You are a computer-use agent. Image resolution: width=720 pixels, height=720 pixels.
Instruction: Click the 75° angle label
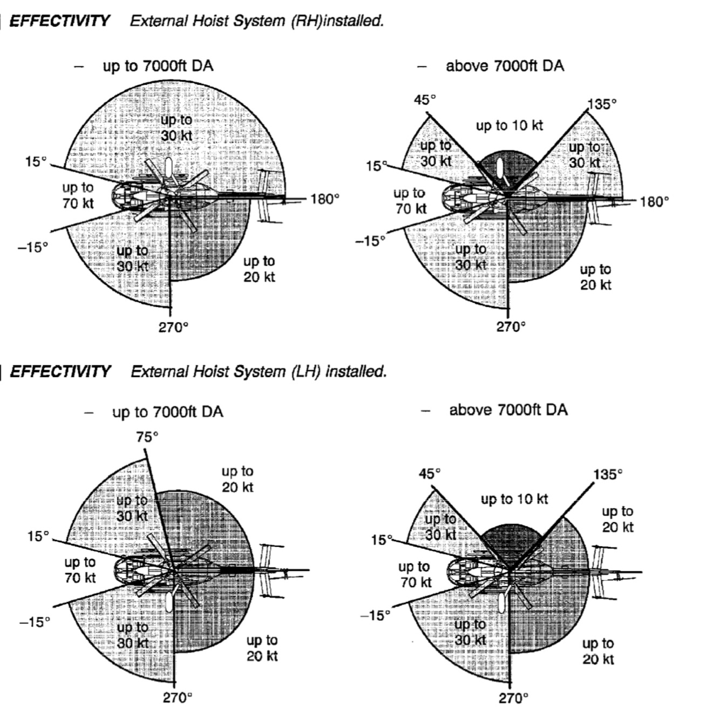pyautogui.click(x=147, y=437)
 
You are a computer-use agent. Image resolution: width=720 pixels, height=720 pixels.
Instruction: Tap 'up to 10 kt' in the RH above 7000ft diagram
pyautogui.click(x=509, y=126)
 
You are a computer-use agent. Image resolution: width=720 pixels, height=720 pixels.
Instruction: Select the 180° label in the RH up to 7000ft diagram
pyautogui.click(x=325, y=199)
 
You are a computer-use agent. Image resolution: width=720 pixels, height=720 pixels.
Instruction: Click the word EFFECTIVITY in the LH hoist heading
pyautogui.click(x=60, y=371)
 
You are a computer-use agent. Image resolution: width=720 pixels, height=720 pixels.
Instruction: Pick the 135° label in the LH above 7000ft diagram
pyautogui.click(x=608, y=474)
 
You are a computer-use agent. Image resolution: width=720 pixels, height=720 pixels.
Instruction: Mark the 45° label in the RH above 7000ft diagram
pyautogui.click(x=425, y=100)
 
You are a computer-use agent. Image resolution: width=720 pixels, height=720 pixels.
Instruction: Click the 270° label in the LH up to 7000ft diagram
pyautogui.click(x=178, y=697)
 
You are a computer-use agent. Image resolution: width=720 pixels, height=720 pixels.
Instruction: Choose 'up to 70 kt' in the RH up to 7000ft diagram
pyautogui.click(x=78, y=195)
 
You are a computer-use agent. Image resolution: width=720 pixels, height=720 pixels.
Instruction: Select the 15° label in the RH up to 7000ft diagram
pyautogui.click(x=36, y=161)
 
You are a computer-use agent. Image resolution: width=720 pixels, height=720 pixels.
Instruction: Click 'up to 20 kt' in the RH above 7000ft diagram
pyautogui.click(x=596, y=277)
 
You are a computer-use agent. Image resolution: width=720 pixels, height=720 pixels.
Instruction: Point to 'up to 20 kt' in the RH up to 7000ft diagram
pyautogui.click(x=259, y=269)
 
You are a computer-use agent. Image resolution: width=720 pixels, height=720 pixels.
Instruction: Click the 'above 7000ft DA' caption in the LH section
pyautogui.click(x=508, y=410)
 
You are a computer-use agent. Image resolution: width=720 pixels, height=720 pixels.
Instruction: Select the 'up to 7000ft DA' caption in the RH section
pyautogui.click(x=158, y=66)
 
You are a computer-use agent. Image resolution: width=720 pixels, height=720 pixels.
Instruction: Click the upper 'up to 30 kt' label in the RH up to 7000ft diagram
pyautogui.click(x=176, y=127)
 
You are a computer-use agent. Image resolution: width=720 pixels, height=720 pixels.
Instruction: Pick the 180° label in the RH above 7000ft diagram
pyautogui.click(x=654, y=202)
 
